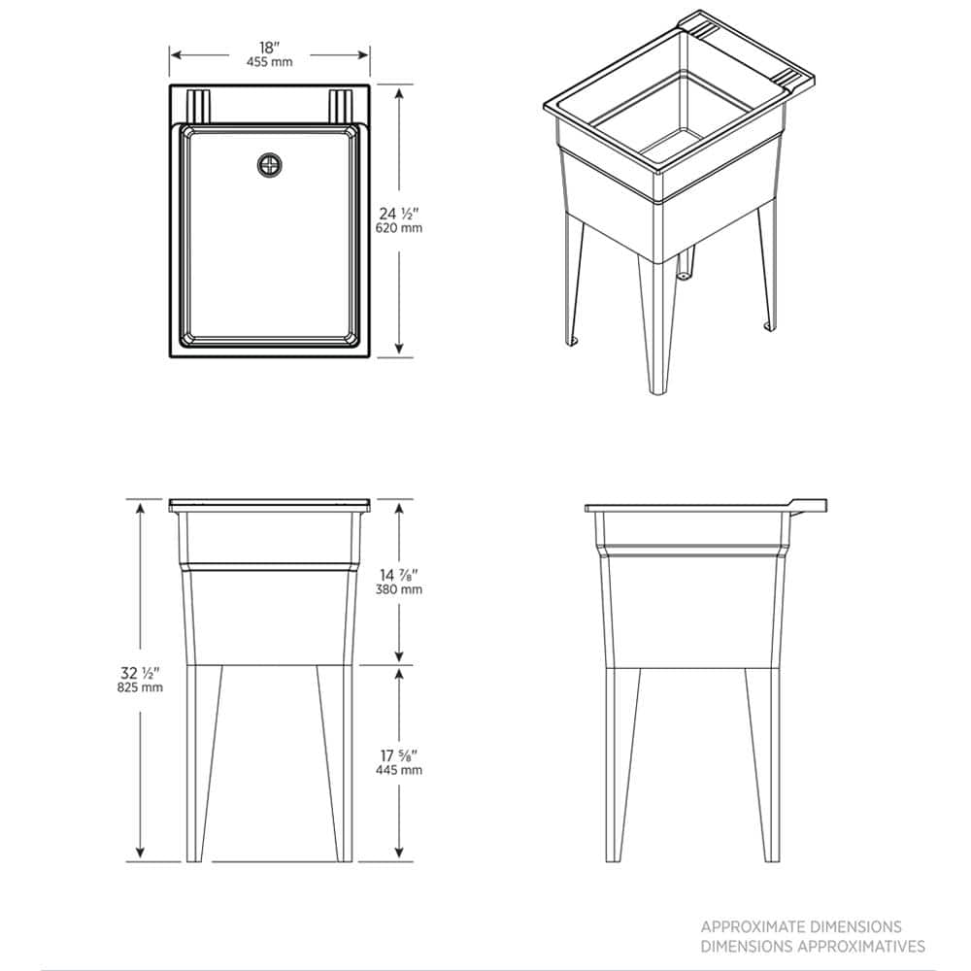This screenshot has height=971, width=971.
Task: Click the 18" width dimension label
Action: (269, 48)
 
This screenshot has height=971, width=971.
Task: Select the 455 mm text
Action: (269, 62)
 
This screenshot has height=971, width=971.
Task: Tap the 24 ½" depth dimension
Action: (399, 214)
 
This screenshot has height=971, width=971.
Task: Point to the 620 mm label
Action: (399, 228)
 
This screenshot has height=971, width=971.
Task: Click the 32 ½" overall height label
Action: (141, 673)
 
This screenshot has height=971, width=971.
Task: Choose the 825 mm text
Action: (141, 687)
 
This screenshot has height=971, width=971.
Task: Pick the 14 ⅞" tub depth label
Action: (399, 575)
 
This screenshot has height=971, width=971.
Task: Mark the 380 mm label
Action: (399, 589)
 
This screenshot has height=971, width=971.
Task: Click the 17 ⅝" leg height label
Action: (399, 755)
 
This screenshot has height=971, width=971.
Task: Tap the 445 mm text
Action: (399, 770)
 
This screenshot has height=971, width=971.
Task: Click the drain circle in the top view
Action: (269, 165)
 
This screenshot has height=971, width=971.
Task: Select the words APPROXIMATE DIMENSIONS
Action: (801, 927)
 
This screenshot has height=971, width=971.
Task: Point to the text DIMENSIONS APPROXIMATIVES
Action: (813, 946)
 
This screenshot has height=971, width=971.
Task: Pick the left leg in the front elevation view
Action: (204, 763)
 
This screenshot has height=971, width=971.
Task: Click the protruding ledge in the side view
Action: (809, 507)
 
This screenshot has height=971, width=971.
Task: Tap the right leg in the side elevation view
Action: (763, 765)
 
